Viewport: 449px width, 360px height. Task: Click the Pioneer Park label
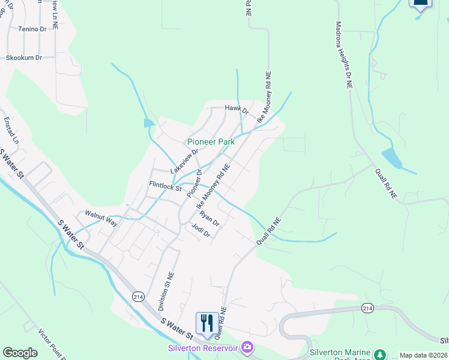(x=211, y=142)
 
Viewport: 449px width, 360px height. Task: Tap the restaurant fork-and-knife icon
(x=206, y=322)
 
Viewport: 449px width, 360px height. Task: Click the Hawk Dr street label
(x=237, y=109)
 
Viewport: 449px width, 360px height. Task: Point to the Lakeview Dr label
(x=184, y=161)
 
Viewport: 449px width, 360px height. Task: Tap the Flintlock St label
(x=166, y=187)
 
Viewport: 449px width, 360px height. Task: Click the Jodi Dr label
(x=200, y=230)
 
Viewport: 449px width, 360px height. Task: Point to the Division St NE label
(x=166, y=291)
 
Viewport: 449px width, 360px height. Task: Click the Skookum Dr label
(x=24, y=58)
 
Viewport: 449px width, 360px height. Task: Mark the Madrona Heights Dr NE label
(x=344, y=55)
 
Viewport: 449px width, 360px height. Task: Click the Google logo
(x=20, y=353)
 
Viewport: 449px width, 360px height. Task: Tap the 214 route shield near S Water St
(x=138, y=296)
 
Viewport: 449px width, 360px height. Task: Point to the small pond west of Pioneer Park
(x=148, y=123)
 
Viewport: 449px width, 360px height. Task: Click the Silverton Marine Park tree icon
(x=379, y=354)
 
